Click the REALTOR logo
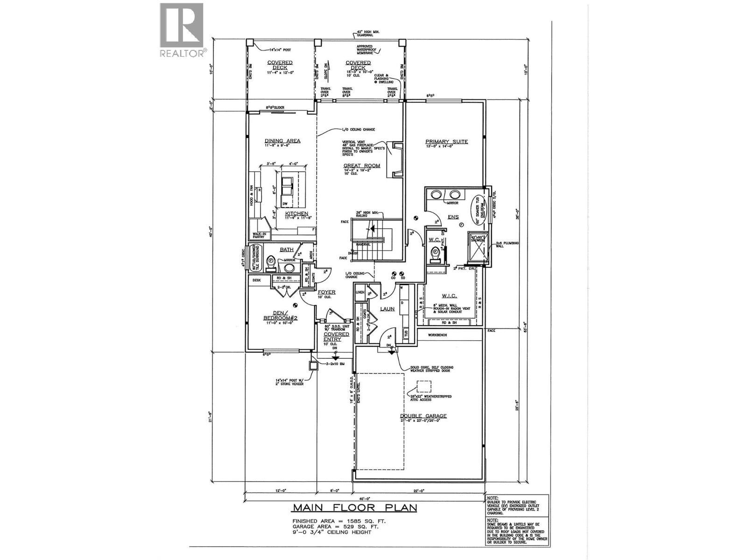[182, 30]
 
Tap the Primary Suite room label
[446, 142]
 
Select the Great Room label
[362, 166]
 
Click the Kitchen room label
[296, 214]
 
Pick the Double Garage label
[423, 416]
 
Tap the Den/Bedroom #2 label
[280, 315]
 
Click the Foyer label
[327, 292]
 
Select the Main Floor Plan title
[354, 508]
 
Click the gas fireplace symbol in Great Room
[395, 160]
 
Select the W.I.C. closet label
[449, 296]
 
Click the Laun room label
[387, 308]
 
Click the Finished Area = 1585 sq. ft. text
[339, 521]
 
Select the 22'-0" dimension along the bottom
[418, 490]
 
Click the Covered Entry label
[336, 337]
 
